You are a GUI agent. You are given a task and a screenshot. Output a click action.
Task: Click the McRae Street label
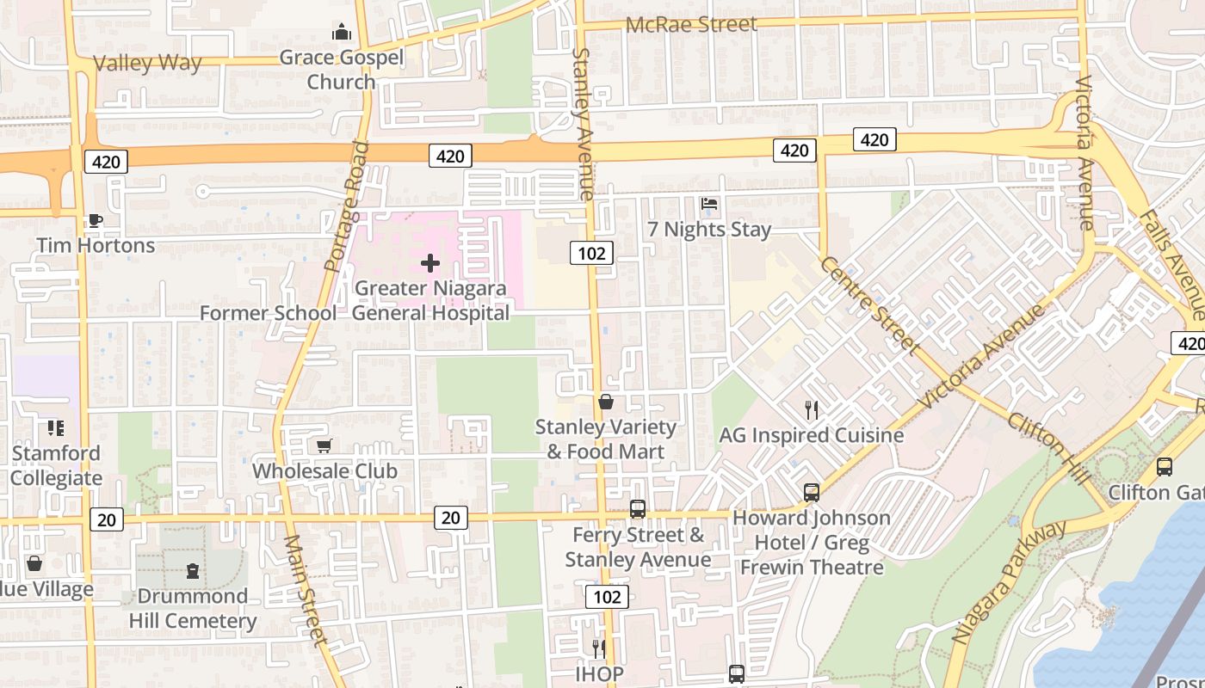click(691, 24)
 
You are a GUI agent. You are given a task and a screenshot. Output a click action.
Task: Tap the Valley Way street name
click(147, 63)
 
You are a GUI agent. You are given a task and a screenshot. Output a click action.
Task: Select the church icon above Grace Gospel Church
click(342, 34)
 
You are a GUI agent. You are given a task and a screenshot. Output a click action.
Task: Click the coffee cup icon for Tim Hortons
click(95, 221)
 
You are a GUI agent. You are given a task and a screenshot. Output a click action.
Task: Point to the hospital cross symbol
click(430, 263)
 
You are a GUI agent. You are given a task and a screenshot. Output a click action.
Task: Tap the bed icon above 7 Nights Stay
click(709, 204)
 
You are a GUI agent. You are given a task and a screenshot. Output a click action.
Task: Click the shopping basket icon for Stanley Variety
click(606, 402)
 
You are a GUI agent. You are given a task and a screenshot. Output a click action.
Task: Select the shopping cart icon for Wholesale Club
click(324, 445)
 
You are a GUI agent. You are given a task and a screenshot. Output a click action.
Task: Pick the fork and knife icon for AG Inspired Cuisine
click(811, 409)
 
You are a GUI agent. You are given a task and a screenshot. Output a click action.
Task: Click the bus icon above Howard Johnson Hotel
click(812, 493)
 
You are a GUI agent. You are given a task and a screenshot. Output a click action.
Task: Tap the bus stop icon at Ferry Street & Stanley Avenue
click(637, 509)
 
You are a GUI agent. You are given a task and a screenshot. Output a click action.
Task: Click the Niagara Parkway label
click(1009, 583)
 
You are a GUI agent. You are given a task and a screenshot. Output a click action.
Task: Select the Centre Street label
click(869, 305)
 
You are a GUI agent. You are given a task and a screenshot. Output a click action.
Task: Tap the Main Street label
click(306, 590)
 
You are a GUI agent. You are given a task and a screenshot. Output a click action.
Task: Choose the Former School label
click(268, 313)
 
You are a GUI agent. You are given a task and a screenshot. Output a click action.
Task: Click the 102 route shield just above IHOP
click(607, 597)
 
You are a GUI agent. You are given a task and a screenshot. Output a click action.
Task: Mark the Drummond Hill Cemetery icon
click(193, 571)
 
